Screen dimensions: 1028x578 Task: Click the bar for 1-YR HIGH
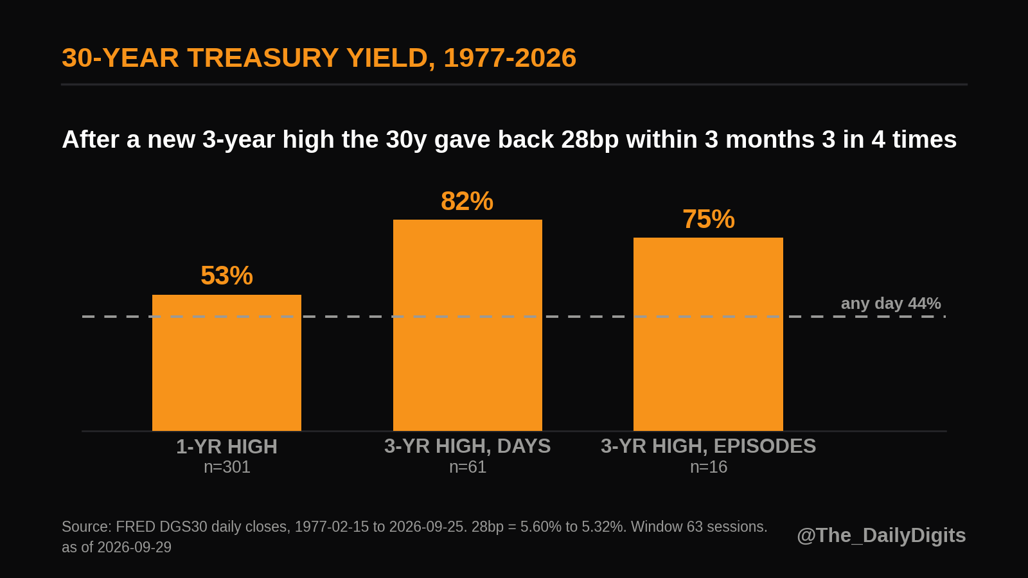(x=227, y=363)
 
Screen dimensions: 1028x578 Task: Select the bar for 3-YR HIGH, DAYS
(x=468, y=325)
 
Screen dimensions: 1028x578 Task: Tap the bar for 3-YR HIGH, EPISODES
(x=708, y=335)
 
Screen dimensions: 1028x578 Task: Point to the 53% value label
(x=227, y=276)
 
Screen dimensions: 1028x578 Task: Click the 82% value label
(x=467, y=202)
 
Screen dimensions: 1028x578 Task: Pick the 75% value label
(x=709, y=219)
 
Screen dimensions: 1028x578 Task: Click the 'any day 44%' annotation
(x=891, y=303)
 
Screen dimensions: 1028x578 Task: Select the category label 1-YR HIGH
(x=227, y=447)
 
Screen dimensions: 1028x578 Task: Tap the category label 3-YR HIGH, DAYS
(x=468, y=446)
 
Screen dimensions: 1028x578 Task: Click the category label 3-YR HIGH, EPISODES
(x=709, y=446)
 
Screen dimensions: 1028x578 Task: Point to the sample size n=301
(x=227, y=467)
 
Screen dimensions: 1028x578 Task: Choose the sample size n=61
(x=468, y=467)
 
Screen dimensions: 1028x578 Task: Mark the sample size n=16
(x=709, y=467)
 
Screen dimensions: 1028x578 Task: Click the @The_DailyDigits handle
(x=881, y=536)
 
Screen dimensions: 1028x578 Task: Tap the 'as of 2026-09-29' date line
(x=116, y=547)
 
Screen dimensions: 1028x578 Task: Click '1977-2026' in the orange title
(x=510, y=58)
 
